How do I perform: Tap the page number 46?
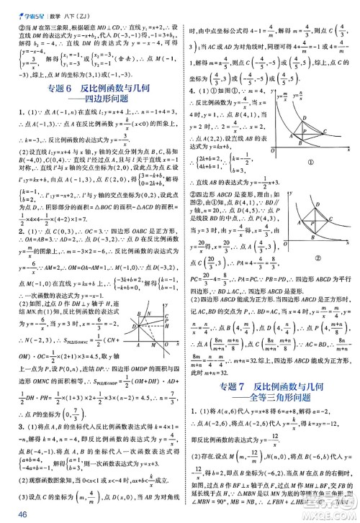[10, 514]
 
